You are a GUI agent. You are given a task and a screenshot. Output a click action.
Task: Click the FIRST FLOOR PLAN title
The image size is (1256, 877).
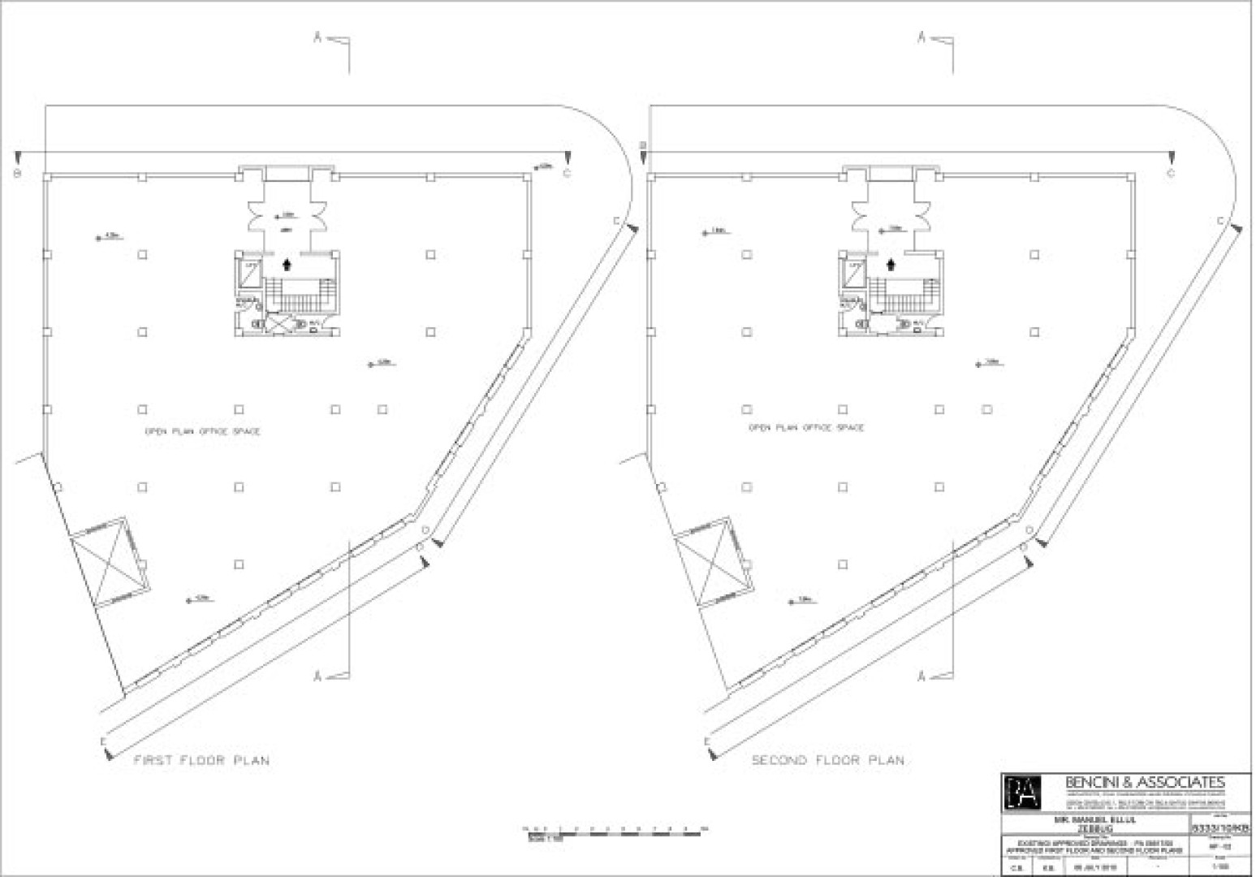[201, 761]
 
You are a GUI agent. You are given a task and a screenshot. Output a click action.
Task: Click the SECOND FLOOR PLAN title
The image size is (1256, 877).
[827, 761]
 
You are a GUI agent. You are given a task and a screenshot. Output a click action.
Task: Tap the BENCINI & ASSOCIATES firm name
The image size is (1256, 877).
[1144, 783]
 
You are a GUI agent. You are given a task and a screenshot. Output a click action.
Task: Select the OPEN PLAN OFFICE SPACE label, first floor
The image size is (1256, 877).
[202, 432]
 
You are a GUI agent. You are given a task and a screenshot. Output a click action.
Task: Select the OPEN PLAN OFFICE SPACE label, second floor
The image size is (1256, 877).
[806, 427]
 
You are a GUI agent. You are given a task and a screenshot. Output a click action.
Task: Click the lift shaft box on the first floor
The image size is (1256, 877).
[251, 274]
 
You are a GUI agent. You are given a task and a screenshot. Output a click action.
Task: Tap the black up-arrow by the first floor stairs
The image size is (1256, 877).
[287, 263]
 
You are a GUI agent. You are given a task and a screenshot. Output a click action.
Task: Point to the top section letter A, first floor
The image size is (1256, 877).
[318, 37]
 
